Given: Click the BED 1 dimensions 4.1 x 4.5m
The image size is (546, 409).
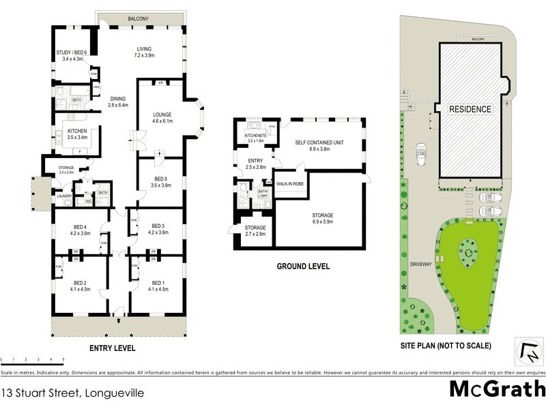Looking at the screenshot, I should point(158,288).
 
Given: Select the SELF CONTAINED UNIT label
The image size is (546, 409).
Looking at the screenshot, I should point(319,142).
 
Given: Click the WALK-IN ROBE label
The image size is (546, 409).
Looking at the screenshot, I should point(289,183).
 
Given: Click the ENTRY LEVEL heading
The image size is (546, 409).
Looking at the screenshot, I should point(113,348).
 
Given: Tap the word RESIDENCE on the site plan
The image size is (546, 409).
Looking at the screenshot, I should point(470,108).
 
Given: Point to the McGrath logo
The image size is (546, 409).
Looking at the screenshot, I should point(497,389).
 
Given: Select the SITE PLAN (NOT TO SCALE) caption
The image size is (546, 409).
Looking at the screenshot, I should point(445,346).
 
